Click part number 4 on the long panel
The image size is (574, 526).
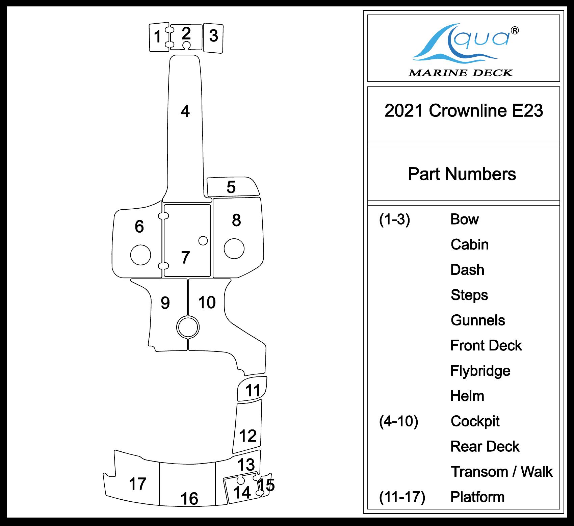(x=185, y=111)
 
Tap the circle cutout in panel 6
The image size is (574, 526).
(x=140, y=255)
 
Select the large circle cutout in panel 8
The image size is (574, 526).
(x=234, y=248)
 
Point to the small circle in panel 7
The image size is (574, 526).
(x=203, y=240)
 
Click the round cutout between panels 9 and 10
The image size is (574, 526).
(x=188, y=327)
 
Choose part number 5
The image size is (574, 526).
(x=231, y=187)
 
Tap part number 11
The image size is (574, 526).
(x=253, y=391)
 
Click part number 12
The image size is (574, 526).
(x=248, y=436)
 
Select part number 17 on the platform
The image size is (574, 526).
(x=137, y=484)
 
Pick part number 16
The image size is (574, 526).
(x=189, y=498)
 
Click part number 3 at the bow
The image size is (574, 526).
(x=213, y=36)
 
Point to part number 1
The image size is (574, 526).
(x=157, y=36)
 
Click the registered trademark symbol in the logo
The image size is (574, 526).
(x=515, y=31)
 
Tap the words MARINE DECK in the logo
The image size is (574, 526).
(x=461, y=73)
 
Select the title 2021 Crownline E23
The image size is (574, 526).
(x=464, y=111)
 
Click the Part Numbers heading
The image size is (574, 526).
(x=462, y=174)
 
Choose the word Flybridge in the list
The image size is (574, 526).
(x=480, y=371)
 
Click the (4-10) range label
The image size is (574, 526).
(x=398, y=421)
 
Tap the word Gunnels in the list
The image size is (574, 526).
(x=478, y=320)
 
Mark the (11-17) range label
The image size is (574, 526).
(x=402, y=497)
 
